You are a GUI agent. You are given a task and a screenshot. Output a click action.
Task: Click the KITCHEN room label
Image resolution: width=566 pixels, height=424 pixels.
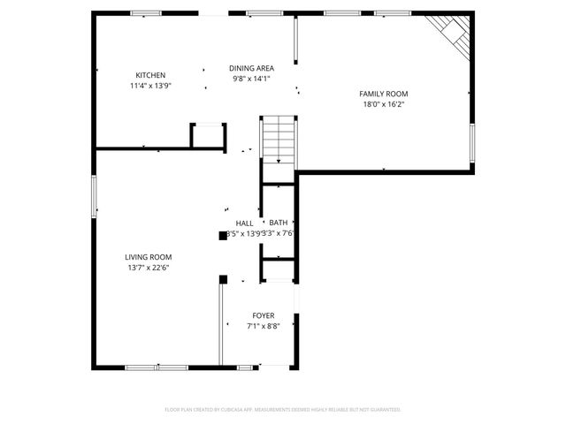click(149, 75)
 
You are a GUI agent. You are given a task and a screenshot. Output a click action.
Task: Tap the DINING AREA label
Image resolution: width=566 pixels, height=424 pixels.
click(251, 68)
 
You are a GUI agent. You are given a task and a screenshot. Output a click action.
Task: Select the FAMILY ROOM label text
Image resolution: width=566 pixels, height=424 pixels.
click(383, 94)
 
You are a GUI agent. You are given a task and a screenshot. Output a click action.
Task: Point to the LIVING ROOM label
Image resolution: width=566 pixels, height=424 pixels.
click(148, 257)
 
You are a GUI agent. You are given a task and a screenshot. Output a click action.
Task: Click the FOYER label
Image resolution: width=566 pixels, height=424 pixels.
click(263, 315)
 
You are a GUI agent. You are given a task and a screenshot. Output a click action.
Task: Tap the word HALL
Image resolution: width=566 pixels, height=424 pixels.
click(244, 223)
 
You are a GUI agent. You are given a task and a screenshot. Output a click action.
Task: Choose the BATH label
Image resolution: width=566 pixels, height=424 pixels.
click(279, 223)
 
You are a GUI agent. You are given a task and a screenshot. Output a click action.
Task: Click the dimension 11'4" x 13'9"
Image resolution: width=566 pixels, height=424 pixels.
click(149, 86)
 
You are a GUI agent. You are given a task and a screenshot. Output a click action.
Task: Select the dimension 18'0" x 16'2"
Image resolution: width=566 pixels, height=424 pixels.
click(383, 104)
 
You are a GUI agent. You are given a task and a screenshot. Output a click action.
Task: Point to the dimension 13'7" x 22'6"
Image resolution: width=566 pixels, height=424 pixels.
click(148, 268)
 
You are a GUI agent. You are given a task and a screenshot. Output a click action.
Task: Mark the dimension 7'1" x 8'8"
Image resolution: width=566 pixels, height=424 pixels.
click(263, 326)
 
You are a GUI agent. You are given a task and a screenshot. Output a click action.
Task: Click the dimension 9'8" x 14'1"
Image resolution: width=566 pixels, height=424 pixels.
click(251, 79)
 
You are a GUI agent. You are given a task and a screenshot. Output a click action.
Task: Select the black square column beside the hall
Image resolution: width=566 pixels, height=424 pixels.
click(222, 236)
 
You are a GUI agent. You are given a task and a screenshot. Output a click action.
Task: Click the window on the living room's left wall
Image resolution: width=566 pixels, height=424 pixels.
click(95, 195)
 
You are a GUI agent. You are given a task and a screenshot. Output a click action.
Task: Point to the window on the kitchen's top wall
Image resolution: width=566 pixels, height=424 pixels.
click(146, 13)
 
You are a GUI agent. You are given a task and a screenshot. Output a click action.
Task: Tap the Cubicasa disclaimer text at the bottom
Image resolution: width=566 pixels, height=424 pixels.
click(283, 409)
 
